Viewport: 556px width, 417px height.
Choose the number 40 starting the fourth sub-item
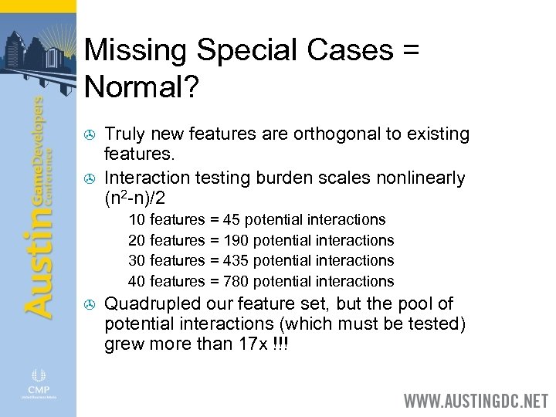pos(137,281)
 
